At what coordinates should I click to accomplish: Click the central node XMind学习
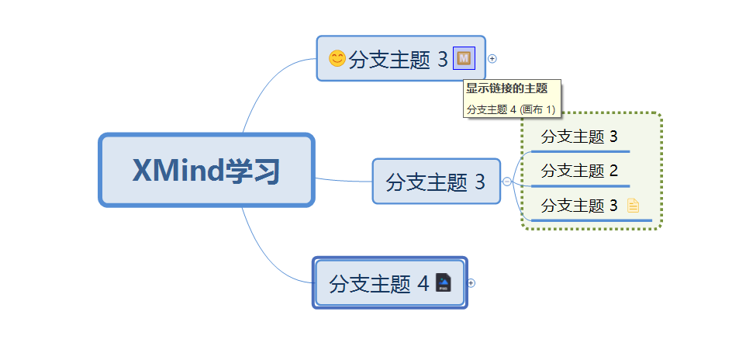point(206,171)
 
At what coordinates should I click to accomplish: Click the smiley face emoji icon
point(337,58)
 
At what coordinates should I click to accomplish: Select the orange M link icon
point(464,58)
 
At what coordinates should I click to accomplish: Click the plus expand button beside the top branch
point(492,58)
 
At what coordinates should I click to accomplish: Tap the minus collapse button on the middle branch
point(507,182)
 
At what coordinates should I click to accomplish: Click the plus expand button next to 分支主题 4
point(471,283)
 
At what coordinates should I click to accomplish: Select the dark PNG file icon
point(443,283)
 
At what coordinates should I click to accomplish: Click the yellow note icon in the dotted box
point(633,206)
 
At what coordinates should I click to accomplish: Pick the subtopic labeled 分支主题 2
point(578,171)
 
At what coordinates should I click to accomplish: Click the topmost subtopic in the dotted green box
point(578,137)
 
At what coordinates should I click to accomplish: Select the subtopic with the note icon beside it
point(578,206)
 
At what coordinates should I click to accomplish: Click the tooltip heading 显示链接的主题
point(506,88)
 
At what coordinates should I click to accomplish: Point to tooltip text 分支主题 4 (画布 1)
point(511,109)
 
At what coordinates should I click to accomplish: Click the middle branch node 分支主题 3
point(436,182)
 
